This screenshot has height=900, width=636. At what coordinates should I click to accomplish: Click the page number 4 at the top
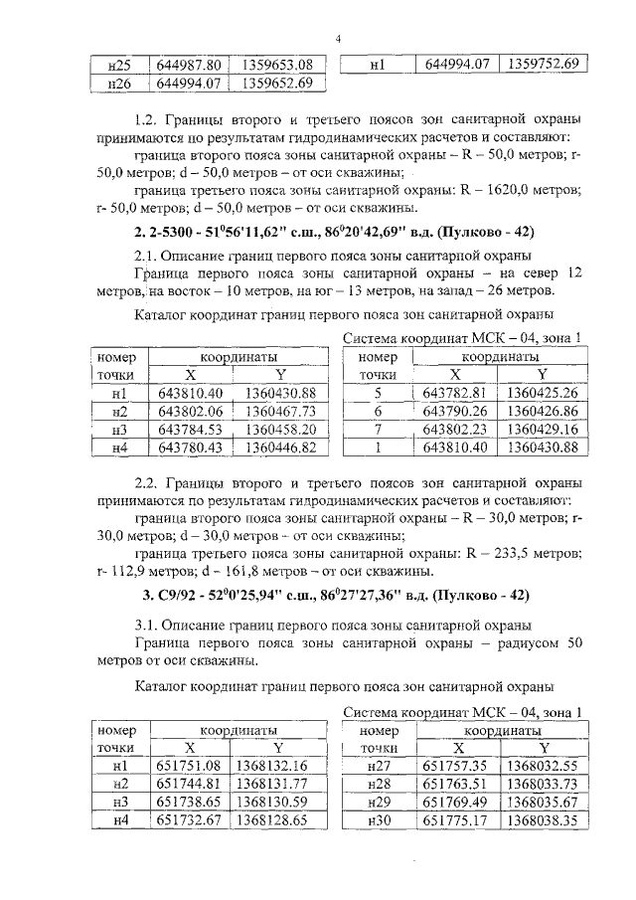coord(338,38)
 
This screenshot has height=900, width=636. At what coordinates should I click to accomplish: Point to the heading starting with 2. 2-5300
coord(335,233)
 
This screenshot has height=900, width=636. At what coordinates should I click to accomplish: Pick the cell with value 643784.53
coord(191,430)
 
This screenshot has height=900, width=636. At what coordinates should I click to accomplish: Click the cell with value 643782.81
coord(454,392)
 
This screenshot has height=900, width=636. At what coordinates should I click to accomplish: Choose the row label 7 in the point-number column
coord(378,430)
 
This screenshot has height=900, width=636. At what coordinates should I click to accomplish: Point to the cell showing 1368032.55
coord(542,766)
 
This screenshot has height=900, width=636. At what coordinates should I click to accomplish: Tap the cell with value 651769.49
coord(454,803)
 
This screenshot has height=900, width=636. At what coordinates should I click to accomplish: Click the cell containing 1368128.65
coord(273,821)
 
